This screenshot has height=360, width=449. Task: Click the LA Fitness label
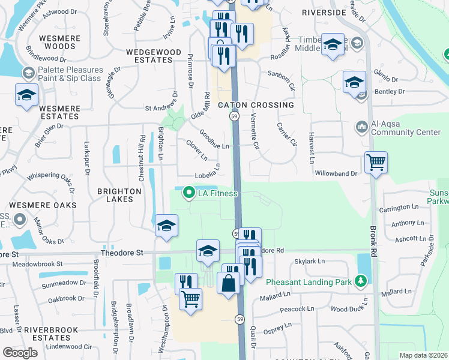pos(218,193)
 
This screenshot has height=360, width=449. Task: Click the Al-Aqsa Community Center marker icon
pos(362,127)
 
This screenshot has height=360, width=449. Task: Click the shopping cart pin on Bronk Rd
pos(376,161)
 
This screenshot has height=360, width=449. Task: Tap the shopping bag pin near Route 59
pos(229,283)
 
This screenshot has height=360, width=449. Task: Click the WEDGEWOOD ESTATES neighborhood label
pos(154,56)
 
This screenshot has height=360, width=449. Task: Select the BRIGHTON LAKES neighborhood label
pos(119,196)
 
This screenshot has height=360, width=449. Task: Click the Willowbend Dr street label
pos(336,173)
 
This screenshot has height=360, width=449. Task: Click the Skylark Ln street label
pos(309,262)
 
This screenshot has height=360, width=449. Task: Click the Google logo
pos(20,353)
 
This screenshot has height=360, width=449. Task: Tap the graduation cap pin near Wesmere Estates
pos(26,96)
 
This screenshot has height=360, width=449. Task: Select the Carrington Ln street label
pos(399,207)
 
